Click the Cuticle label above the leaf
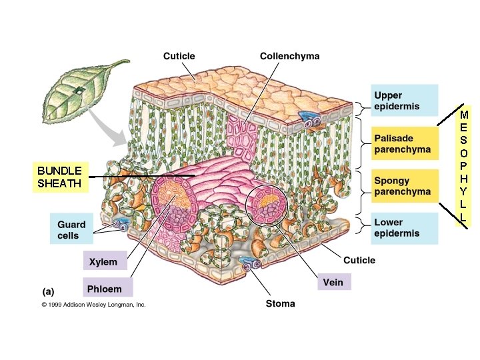[x=179, y=56]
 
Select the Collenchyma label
[x=289, y=56]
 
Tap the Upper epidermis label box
[x=404, y=101]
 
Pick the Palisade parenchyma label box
[x=404, y=143]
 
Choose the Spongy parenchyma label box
[x=404, y=186]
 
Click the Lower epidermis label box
[x=404, y=228]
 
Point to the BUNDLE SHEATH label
[x=60, y=177]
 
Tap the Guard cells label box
[x=71, y=230]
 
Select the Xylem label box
[x=103, y=262]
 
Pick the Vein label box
[x=333, y=282]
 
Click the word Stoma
[x=281, y=303]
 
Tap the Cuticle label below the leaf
[x=359, y=260]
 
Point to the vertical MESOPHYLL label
[x=464, y=168]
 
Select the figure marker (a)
[x=48, y=291]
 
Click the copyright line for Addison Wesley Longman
[x=93, y=305]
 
